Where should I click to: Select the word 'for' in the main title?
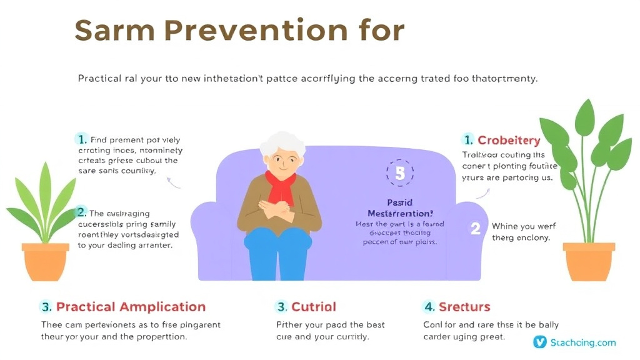pyautogui.click(x=381, y=31)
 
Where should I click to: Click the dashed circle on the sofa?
pyautogui.click(x=400, y=174)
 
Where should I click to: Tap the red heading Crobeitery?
pyautogui.click(x=509, y=140)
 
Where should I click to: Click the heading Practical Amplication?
pyautogui.click(x=131, y=307)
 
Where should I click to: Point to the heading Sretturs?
pyautogui.click(x=464, y=307)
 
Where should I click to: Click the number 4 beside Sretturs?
pyautogui.click(x=429, y=307)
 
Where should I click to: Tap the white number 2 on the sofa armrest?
pyautogui.click(x=475, y=229)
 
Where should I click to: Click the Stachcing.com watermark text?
pyautogui.click(x=582, y=342)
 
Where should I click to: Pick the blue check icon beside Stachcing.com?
pyautogui.click(x=539, y=342)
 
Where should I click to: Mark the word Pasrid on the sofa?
pyautogui.click(x=399, y=203)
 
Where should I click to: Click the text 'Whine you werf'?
pyautogui.click(x=524, y=226)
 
